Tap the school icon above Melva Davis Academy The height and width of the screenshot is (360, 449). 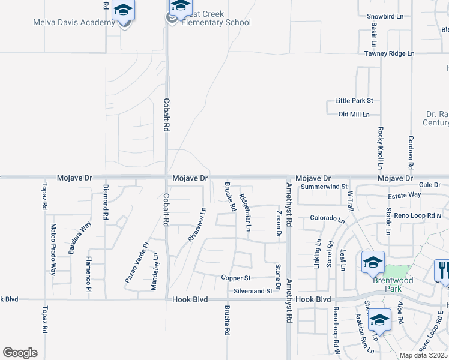[x=123, y=11]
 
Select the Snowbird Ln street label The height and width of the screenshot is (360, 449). [x=385, y=16]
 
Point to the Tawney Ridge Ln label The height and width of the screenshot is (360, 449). [x=389, y=53]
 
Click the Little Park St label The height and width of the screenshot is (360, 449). [x=354, y=100]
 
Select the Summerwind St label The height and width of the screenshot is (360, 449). [x=325, y=187]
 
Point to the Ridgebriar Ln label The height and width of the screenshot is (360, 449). [x=245, y=212]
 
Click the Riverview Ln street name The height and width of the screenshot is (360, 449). [x=197, y=224]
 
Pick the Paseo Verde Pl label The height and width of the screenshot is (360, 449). [x=136, y=262]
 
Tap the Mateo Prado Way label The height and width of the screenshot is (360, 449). [x=53, y=250]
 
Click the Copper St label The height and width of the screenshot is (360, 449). [x=235, y=278]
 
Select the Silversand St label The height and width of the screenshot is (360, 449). [x=253, y=291]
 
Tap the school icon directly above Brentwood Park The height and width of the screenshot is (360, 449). [x=373, y=262]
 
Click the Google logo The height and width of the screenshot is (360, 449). [x=20, y=353]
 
